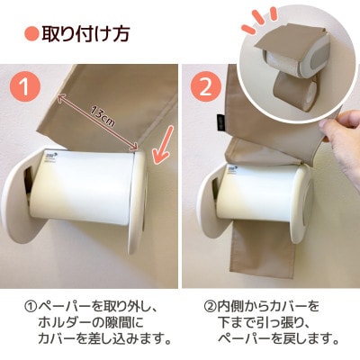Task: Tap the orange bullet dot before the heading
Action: [x=31, y=35]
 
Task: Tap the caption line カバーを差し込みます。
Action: [x=103, y=339]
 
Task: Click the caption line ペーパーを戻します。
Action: [x=278, y=339]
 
